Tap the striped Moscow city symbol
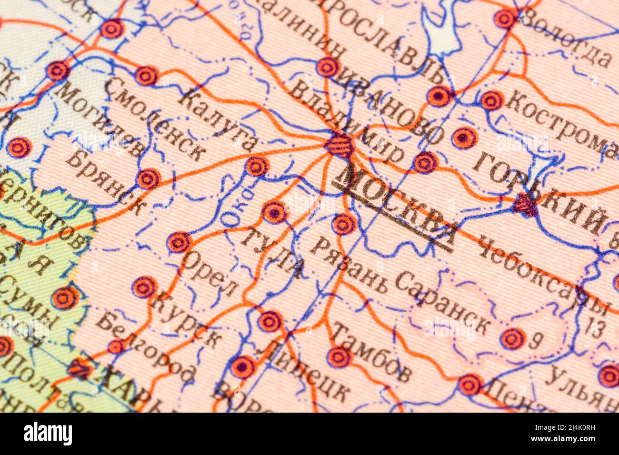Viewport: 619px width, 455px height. pos(339,146)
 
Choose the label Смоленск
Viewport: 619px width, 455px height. pos(154,119)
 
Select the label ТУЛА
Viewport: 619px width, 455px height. pos(272,253)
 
